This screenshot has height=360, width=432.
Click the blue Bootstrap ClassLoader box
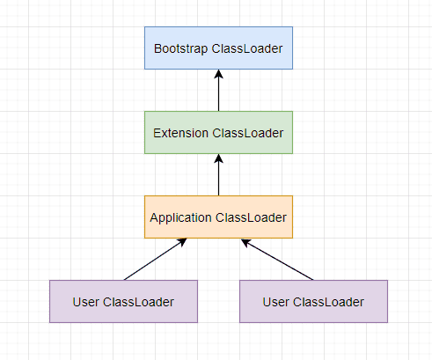tap(218, 48)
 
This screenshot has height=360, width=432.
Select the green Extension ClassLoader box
tap(218, 132)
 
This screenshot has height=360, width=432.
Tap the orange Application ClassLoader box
tap(218, 217)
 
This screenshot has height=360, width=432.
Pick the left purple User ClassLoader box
tap(123, 301)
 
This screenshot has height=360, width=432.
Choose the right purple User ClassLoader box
tap(313, 301)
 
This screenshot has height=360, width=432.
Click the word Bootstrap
tap(180, 49)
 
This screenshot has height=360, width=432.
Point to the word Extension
tap(180, 133)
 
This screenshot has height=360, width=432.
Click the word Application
tap(180, 218)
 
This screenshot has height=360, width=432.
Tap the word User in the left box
tap(85, 302)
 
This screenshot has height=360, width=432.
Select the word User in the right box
tap(275, 302)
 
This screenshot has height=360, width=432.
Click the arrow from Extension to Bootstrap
tap(218, 91)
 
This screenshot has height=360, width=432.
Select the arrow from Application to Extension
tap(218, 175)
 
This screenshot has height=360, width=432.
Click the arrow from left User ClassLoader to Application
tap(156, 259)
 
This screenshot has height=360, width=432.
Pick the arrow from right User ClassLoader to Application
tap(277, 260)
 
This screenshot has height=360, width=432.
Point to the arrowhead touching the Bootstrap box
tap(218, 74)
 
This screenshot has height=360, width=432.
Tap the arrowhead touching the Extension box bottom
tap(218, 158)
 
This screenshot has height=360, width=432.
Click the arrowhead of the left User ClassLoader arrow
tap(182, 242)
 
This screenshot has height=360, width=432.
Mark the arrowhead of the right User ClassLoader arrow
tap(246, 242)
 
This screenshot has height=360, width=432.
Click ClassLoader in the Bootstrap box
tap(247, 49)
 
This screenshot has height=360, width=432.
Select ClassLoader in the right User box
tap(328, 302)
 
